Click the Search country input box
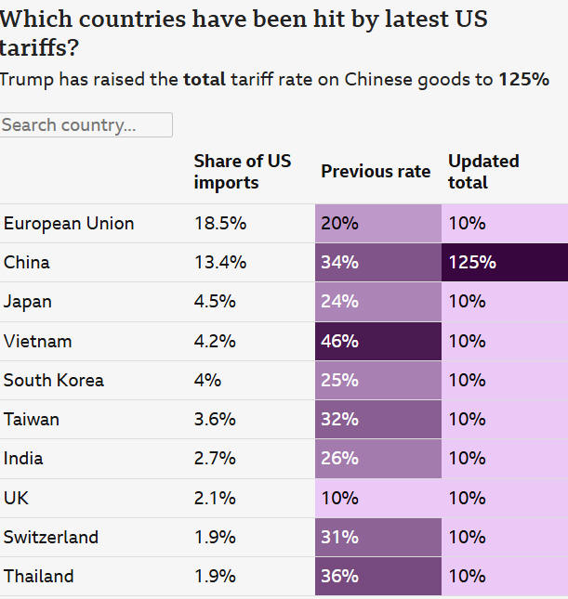pyautogui.click(x=86, y=124)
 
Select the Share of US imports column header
pyautogui.click(x=242, y=172)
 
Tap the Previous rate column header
pyautogui.click(x=376, y=172)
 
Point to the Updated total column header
pyautogui.click(x=483, y=172)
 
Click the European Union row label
pyautogui.click(x=69, y=224)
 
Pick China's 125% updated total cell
pyautogui.click(x=505, y=263)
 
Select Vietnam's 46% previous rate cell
pyautogui.click(x=378, y=341)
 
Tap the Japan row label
pyautogui.click(x=28, y=302)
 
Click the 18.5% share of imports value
pyautogui.click(x=220, y=224)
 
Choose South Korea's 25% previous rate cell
pyautogui.click(x=378, y=380)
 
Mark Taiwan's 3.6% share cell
pyautogui.click(x=215, y=419)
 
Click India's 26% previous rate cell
pyautogui.click(x=378, y=458)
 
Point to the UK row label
pyautogui.click(x=17, y=498)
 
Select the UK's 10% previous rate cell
pyautogui.click(x=378, y=498)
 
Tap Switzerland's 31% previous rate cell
pyautogui.click(x=378, y=537)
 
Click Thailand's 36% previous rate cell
pyautogui.click(x=378, y=576)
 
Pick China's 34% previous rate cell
pyautogui.click(x=378, y=263)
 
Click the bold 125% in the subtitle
pyautogui.click(x=523, y=80)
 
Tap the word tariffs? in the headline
pyautogui.click(x=39, y=48)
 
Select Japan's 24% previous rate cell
pyautogui.click(x=378, y=302)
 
